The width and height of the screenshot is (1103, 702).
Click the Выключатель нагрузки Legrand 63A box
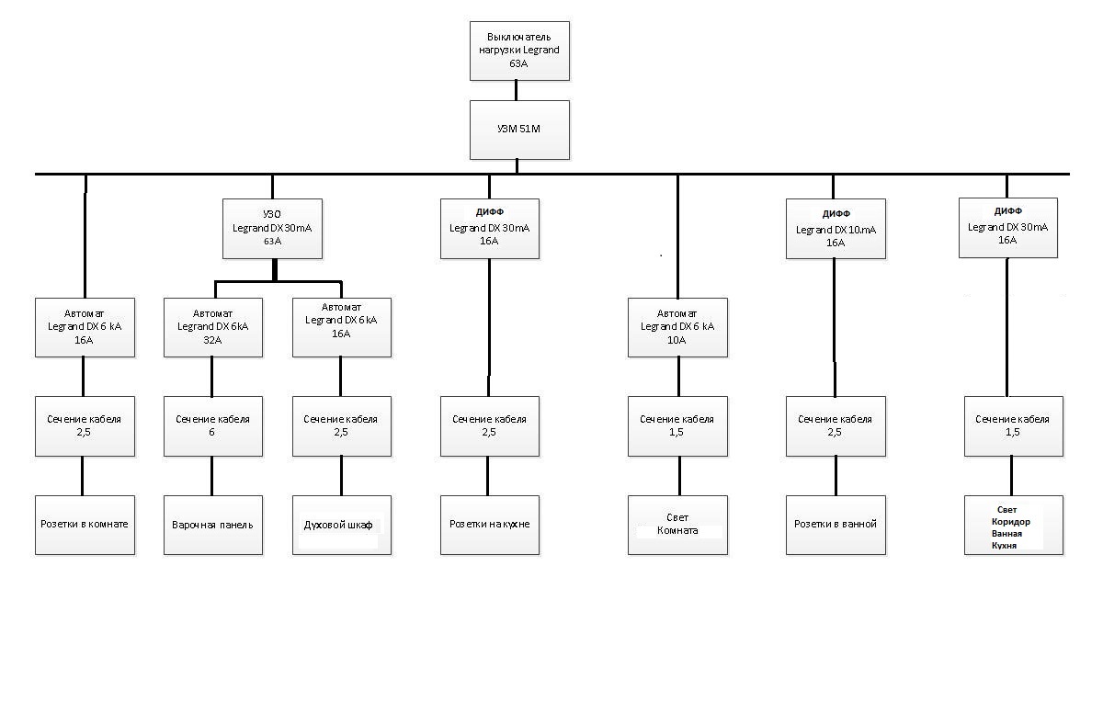[519, 51]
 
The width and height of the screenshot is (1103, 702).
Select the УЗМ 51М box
[519, 130]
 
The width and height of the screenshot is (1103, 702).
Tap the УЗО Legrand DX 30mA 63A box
[272, 229]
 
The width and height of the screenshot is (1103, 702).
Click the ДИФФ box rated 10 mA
[836, 229]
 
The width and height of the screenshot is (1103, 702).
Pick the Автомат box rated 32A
[212, 327]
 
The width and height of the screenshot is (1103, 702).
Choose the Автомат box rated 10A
[677, 327]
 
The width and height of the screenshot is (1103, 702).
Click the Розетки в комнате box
[85, 525]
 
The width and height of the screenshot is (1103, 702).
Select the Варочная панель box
[212, 525]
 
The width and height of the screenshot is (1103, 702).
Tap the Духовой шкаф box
[342, 525]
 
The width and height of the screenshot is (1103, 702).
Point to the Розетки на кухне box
[489, 525]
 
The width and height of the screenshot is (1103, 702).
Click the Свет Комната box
[677, 525]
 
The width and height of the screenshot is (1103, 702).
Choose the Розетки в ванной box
[836, 525]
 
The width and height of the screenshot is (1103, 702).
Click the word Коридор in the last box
[1011, 522]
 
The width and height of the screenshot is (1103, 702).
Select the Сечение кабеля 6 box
[212, 426]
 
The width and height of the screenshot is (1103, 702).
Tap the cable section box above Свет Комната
[677, 426]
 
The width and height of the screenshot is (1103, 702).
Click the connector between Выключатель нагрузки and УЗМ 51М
[516, 91]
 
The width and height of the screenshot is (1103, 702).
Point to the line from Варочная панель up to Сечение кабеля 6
[211, 476]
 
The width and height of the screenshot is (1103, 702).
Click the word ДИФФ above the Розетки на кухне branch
[489, 212]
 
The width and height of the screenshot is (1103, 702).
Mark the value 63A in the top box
[518, 63]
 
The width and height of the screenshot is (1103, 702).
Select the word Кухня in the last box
[1004, 546]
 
